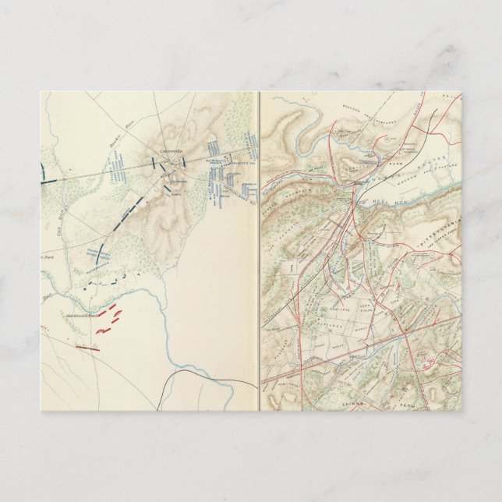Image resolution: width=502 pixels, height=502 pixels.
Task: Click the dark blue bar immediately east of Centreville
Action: point(182,162)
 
